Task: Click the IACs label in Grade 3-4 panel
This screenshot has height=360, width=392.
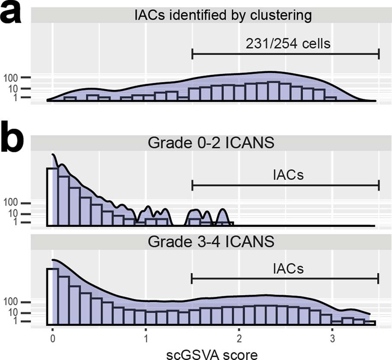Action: pos(288,268)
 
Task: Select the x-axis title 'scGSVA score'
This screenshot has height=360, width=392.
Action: pos(212,353)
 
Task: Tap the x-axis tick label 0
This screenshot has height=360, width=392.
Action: pos(52,337)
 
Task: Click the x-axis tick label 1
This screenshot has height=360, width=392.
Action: pos(146,337)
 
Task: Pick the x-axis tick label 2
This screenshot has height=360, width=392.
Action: pos(239,337)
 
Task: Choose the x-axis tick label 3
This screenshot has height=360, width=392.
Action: pos(332,337)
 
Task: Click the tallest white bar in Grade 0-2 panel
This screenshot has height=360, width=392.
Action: pos(52,197)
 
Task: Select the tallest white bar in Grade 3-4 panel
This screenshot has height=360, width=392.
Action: pos(52,296)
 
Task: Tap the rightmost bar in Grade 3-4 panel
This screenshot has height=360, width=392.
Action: pos(370,322)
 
